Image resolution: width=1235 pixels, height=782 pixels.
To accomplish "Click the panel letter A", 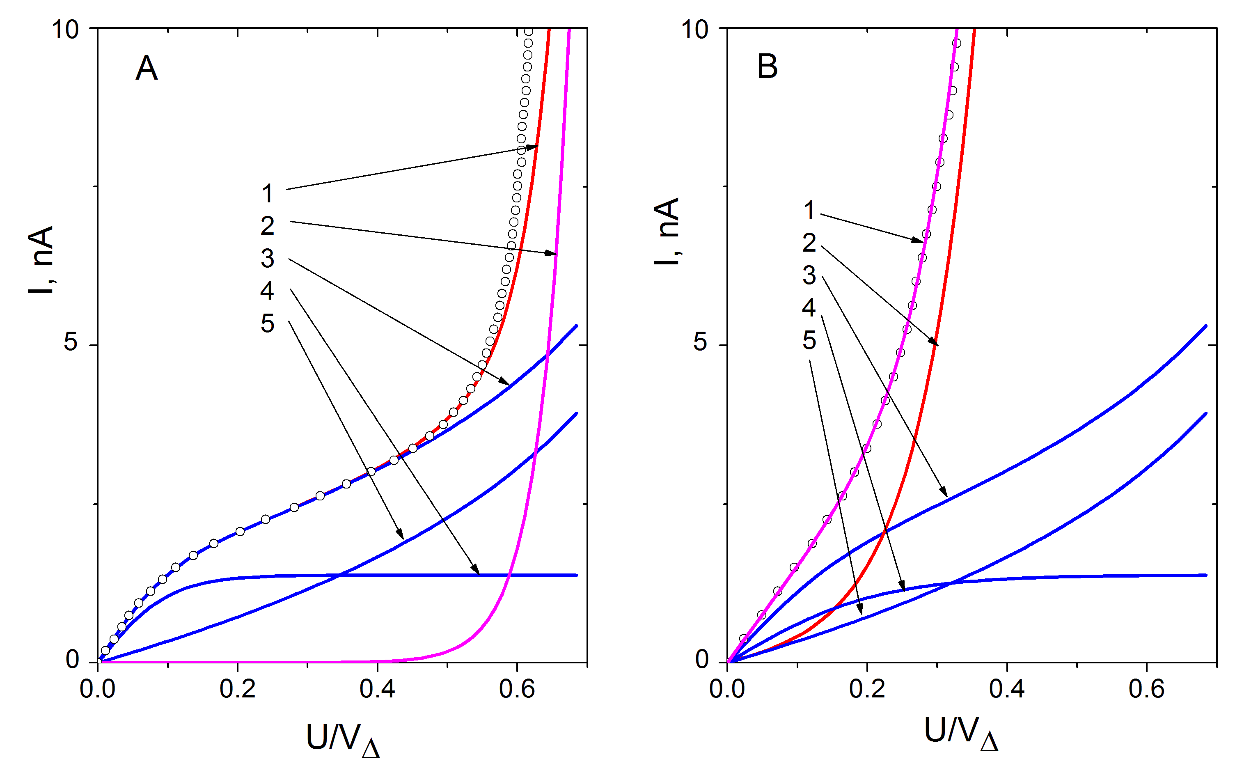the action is [147, 68].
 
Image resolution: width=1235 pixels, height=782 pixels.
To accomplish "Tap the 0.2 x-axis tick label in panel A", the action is [238, 689].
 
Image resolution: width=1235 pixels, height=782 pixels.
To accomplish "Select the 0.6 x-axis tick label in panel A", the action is [517, 689].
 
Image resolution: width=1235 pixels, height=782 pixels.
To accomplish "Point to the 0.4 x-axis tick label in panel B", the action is [1007, 689].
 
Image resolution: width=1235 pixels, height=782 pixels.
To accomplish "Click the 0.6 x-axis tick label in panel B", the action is [1146, 689].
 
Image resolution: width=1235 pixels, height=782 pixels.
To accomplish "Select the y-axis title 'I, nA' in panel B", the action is [667, 232].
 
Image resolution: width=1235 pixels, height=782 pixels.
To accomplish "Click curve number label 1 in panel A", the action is [267, 194].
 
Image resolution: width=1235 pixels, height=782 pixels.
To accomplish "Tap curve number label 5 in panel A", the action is [267, 323].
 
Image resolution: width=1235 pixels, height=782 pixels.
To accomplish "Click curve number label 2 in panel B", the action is [809, 243].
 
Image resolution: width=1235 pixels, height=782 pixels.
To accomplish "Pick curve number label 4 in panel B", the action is [809, 307].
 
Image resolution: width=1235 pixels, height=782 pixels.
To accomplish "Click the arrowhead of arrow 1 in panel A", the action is [532, 147].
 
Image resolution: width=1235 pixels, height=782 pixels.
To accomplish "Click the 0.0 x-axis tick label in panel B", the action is [727, 689].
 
